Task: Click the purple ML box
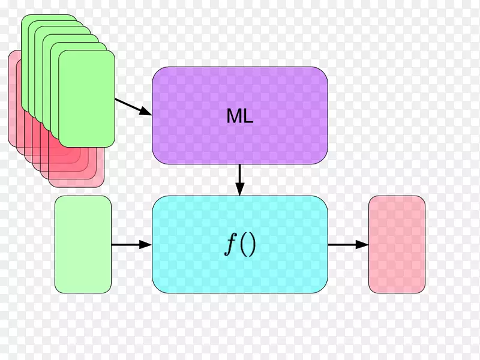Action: click(240, 115)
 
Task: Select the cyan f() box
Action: click(240, 244)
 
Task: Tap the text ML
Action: click(240, 116)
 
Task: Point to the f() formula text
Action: click(240, 245)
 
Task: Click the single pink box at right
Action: click(397, 244)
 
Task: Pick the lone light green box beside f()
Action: click(83, 244)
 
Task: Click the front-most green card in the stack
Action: click(86, 98)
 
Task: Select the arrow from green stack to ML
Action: click(133, 107)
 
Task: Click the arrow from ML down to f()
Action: click(240, 180)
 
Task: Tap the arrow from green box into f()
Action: click(131, 245)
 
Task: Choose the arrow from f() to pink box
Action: click(349, 245)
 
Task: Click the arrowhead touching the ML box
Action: click(146, 112)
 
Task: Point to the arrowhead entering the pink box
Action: click(362, 245)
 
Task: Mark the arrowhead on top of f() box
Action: click(240, 189)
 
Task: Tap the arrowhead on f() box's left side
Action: click(146, 245)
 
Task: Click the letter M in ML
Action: click(233, 116)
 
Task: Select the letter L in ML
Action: click(248, 116)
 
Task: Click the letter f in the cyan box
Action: click(231, 245)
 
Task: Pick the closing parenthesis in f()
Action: click(252, 245)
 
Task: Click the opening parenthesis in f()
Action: click(244, 245)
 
